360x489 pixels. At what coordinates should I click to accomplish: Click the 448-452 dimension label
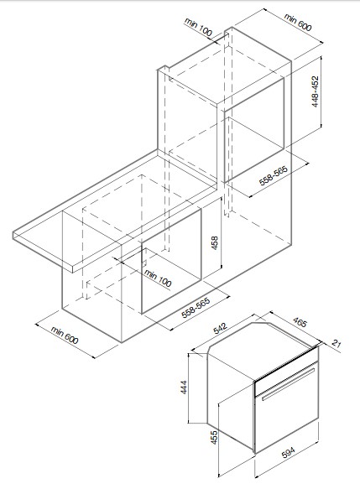coord(316,92)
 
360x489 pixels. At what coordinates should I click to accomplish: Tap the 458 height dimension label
coord(215,243)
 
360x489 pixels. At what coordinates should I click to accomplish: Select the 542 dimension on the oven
coord(221,330)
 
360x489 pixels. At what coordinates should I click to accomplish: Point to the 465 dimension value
coord(300,322)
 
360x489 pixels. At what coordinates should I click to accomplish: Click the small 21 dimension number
coord(336,344)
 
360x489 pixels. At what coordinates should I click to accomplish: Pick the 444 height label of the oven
coord(184,387)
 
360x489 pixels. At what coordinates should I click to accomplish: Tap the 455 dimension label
coord(215,438)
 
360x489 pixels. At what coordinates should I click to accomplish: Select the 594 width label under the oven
coord(288,453)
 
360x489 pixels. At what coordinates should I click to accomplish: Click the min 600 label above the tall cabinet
coord(298,22)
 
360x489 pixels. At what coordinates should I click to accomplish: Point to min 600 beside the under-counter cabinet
coord(65,336)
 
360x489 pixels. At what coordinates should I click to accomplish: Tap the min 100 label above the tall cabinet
coord(198,27)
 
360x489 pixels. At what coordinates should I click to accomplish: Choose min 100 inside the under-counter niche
coord(158,278)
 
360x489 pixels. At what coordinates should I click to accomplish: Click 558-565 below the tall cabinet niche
coord(273,175)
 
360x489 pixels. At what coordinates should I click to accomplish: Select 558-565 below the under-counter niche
coord(196,308)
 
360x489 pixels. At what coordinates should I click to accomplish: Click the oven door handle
coord(288,384)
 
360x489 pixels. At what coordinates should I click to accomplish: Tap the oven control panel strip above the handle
coord(286,371)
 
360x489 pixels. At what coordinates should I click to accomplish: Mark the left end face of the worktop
coord(43,252)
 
